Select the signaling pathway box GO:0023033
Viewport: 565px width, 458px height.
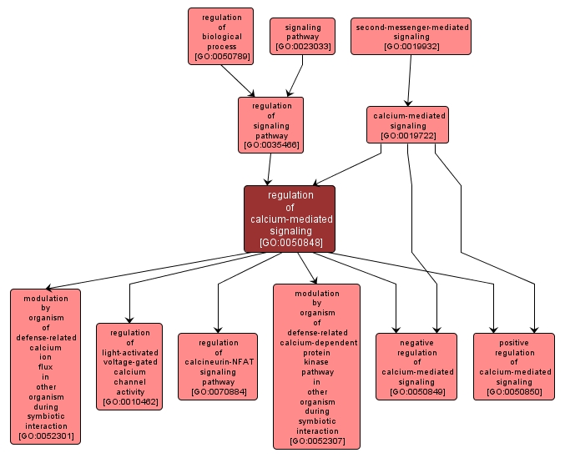301,37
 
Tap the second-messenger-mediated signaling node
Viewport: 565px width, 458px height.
411,36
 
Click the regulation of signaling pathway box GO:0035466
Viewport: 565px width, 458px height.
270,125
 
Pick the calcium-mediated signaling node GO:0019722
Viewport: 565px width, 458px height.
408,124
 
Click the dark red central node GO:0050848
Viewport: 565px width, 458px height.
290,219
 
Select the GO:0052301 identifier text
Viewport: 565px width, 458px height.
46,435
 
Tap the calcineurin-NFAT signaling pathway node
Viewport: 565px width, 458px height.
217,367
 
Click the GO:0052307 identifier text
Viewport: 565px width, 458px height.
316,440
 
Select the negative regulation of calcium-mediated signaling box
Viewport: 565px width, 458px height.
416,367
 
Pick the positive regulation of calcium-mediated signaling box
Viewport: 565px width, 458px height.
513,367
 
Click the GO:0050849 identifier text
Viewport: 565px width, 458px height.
416,391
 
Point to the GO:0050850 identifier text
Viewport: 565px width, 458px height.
513,391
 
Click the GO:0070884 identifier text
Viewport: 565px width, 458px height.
217,391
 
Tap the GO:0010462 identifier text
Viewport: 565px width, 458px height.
129,402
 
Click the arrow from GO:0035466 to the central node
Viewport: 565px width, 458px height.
268,169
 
